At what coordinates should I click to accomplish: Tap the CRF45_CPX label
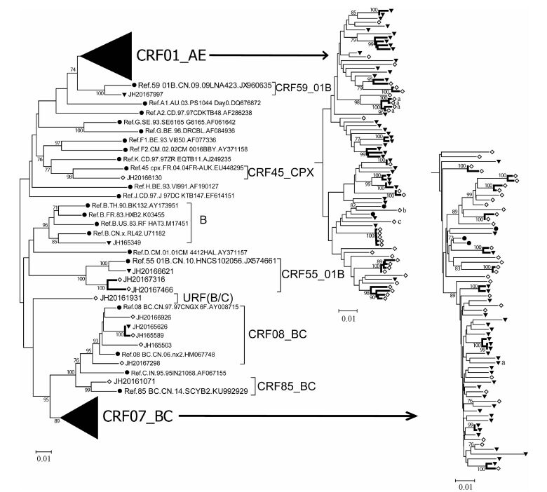click(x=281, y=170)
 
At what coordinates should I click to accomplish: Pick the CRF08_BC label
click(x=278, y=332)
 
